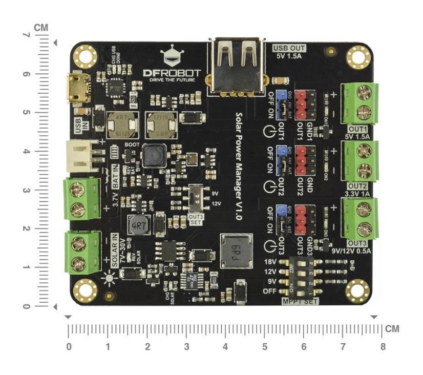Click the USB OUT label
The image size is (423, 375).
click(x=289, y=48)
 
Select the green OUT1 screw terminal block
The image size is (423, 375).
click(x=362, y=103)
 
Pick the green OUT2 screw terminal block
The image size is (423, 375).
click(x=362, y=160)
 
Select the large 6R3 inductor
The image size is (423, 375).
click(x=236, y=252)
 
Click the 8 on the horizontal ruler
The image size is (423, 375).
click(x=383, y=346)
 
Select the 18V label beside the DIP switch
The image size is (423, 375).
click(x=270, y=262)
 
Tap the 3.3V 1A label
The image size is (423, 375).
click(x=358, y=194)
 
